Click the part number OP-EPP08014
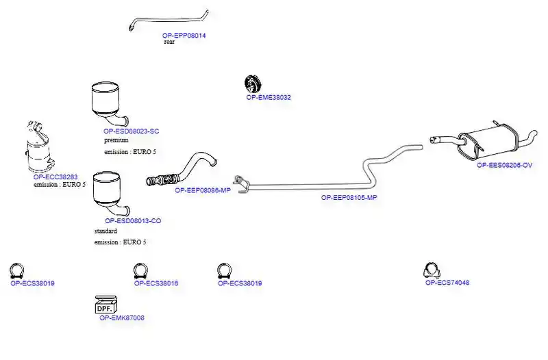coord(184,36)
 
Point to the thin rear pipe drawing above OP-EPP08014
coord(168,19)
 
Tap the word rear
coord(169,42)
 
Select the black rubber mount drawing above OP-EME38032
coord(253,83)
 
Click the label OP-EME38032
coord(269,97)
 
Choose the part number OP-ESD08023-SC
coord(131,131)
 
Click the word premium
coord(116,140)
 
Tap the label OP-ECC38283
coord(55,177)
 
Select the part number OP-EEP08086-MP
coord(203,190)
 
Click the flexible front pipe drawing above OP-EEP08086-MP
coord(182,170)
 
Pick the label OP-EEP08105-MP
coord(349,197)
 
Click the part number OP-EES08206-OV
coord(505,165)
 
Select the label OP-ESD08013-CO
coord(133,220)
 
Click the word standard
coord(105,231)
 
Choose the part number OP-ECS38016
coord(156,283)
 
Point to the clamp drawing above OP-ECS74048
coord(432,270)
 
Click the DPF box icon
coord(106,305)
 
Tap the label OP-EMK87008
coord(122,318)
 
